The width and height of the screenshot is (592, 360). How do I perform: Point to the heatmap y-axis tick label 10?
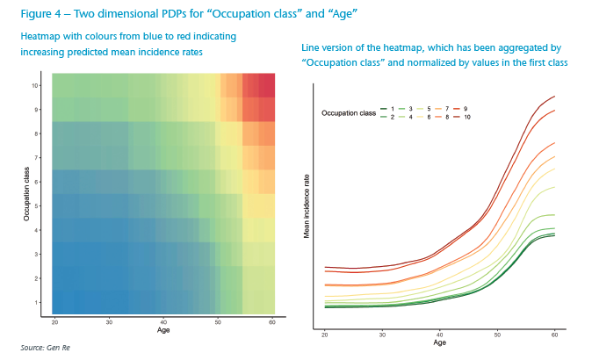tap(35, 85)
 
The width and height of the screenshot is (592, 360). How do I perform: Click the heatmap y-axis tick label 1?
tap(37, 303)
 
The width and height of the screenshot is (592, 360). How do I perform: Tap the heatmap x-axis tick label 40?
tap(164, 322)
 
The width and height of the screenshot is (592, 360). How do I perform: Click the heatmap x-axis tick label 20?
tap(54, 322)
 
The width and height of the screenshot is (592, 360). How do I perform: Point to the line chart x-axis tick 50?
tap(497, 335)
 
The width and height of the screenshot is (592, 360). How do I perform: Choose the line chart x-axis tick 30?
tap(382, 335)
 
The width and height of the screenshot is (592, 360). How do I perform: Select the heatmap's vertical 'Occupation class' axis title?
tap(27, 194)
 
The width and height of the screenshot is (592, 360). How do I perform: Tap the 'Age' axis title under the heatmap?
tap(164, 331)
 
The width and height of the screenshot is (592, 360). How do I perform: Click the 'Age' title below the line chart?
tap(439, 342)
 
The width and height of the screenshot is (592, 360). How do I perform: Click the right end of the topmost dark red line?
tap(554, 97)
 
